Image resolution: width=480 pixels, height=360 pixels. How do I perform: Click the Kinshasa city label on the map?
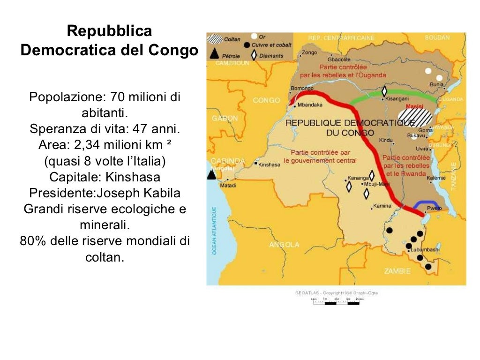pyautogui.click(x=270, y=165)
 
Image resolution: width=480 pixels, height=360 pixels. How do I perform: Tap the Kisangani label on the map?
pyautogui.click(x=397, y=99)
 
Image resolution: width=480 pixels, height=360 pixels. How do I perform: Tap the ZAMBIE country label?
pyautogui.click(x=397, y=271)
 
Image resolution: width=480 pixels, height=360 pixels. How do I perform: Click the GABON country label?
pyautogui.click(x=225, y=119)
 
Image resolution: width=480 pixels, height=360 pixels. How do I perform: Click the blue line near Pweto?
pyautogui.click(x=426, y=203)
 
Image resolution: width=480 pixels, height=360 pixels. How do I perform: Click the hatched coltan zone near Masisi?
pyautogui.click(x=413, y=117)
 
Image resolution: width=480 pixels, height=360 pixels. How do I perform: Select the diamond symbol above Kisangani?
pyautogui.click(x=384, y=91)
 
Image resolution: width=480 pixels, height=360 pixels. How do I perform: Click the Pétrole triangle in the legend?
pyautogui.click(x=215, y=53)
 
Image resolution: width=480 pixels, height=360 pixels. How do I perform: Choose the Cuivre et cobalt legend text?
pyautogui.click(x=271, y=45)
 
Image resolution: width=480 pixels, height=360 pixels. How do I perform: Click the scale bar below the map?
pyautogui.click(x=336, y=302)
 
